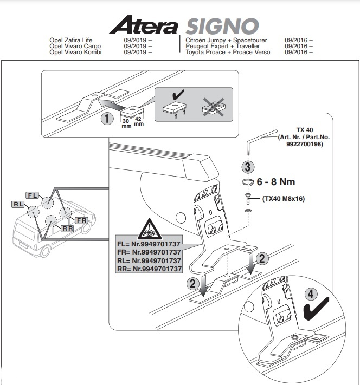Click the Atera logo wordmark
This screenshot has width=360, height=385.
coord(143,25)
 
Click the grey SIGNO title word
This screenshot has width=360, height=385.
coord(222,26)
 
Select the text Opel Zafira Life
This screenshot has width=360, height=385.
coord(71,40)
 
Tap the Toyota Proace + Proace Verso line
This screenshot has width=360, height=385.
coord(228,52)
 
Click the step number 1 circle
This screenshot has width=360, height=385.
coord(107,119)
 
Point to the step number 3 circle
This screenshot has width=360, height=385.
coord(248,167)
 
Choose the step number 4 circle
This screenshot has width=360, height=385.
coord(311,294)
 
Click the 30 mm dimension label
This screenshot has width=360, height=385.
coord(126,123)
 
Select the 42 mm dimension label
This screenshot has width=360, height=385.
coord(138,121)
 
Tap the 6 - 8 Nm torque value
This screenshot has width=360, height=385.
coord(275,182)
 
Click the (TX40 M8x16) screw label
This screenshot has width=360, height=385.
coord(284,198)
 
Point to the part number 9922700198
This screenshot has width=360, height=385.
coord(304,144)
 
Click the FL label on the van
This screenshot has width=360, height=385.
coord(33,195)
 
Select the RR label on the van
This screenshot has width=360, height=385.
coord(68,229)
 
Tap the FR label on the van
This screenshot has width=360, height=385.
coord(81,220)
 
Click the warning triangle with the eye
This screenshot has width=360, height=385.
coord(149,229)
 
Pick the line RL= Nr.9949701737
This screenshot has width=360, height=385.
coord(149,260)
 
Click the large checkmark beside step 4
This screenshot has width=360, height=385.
coord(316,309)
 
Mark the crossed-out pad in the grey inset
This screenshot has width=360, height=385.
coord(214,107)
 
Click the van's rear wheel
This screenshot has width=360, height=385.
coord(45,251)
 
